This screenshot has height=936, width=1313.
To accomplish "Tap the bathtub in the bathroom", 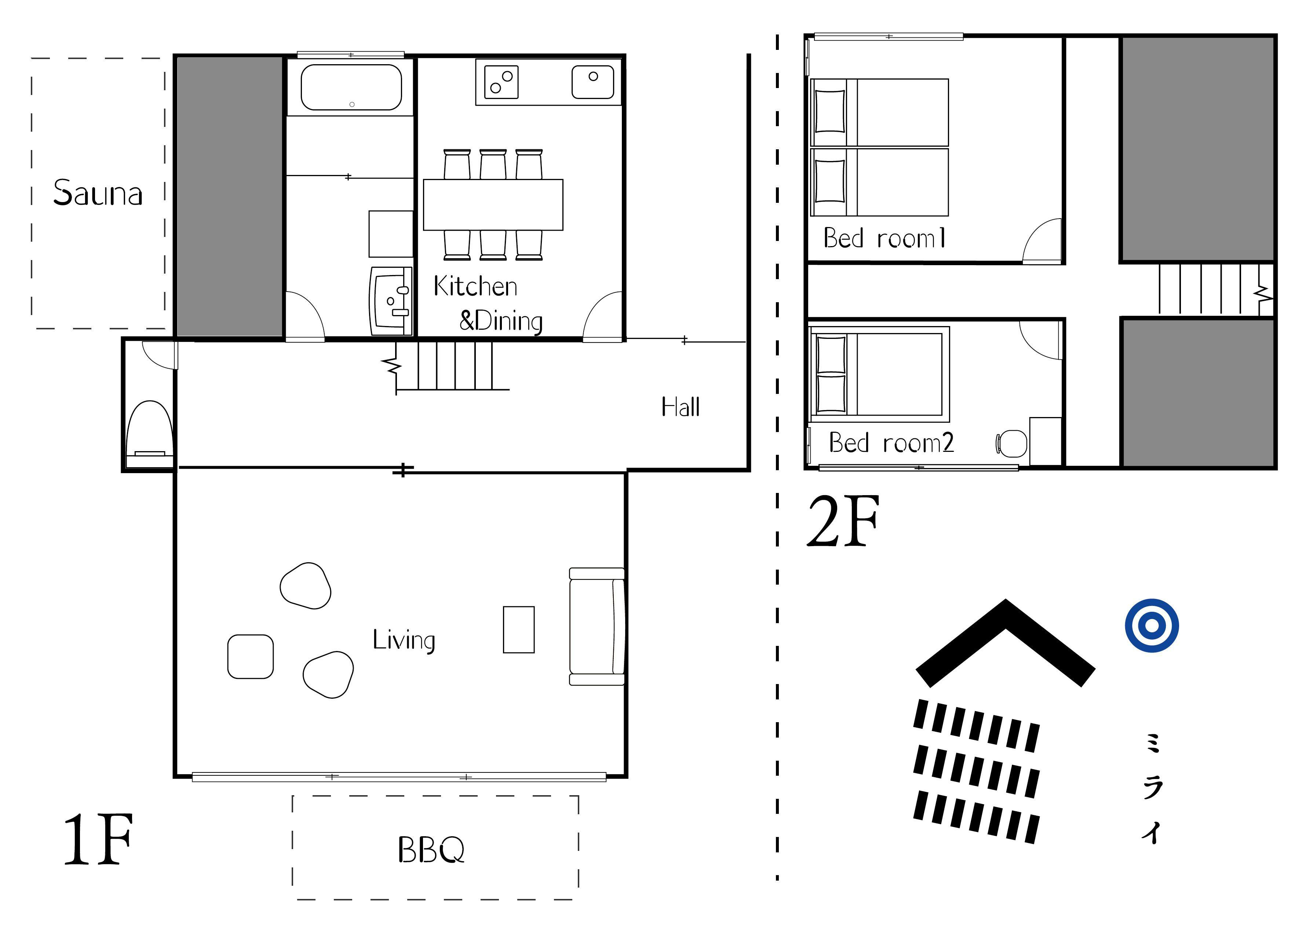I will (351, 87).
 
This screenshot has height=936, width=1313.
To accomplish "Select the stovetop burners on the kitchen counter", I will (501, 82).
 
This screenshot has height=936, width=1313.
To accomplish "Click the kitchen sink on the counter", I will (592, 82).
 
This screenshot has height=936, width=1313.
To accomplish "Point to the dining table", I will (493, 205).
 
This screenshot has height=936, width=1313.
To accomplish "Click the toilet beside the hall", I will (149, 429).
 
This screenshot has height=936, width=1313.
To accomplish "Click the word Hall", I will (680, 407).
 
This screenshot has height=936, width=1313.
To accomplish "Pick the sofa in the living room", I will (597, 626).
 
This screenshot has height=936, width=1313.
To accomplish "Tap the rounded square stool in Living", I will (250, 657).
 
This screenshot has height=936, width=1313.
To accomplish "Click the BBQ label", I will (431, 849).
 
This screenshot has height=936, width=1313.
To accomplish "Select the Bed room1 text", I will (884, 238).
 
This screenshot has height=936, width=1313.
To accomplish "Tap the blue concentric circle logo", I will (1151, 625).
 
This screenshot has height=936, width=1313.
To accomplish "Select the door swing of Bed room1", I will (1043, 242).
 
